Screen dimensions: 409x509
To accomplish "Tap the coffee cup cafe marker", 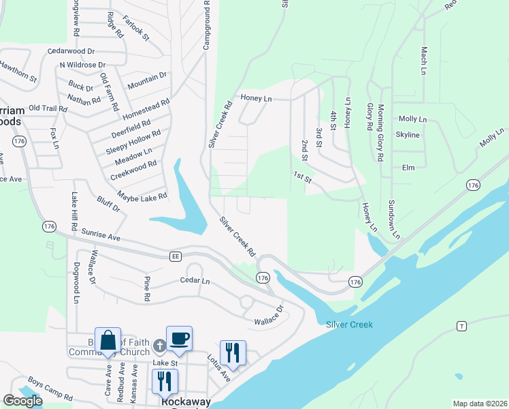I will [180, 339].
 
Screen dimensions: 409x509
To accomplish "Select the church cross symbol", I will [159, 346].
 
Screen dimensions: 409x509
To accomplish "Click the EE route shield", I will [175, 256].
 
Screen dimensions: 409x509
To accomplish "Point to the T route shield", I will [462, 327].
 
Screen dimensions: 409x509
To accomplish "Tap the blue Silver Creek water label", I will [349, 324].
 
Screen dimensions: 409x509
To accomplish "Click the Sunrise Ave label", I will [101, 236].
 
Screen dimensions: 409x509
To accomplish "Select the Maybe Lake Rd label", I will [142, 196].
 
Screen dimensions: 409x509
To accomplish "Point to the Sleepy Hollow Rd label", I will [133, 142].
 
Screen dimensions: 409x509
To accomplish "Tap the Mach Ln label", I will [423, 60].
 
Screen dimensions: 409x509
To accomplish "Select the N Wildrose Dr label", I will [85, 65].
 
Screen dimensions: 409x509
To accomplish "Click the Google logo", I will [22, 401].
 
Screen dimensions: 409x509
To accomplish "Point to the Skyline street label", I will [408, 135].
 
